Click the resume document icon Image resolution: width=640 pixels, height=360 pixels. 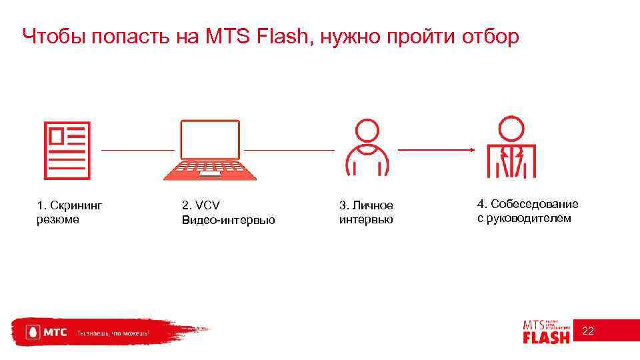click(x=67, y=151)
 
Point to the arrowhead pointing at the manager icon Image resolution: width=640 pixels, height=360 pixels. click(x=471, y=150)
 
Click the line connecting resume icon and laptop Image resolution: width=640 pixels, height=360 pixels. click(x=137, y=150)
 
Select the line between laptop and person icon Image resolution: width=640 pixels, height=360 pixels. click(x=288, y=150)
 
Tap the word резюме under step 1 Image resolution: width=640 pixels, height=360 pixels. click(x=58, y=219)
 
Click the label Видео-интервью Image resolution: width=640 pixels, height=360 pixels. click(x=228, y=219)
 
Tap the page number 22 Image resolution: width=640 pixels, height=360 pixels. click(x=589, y=331)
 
